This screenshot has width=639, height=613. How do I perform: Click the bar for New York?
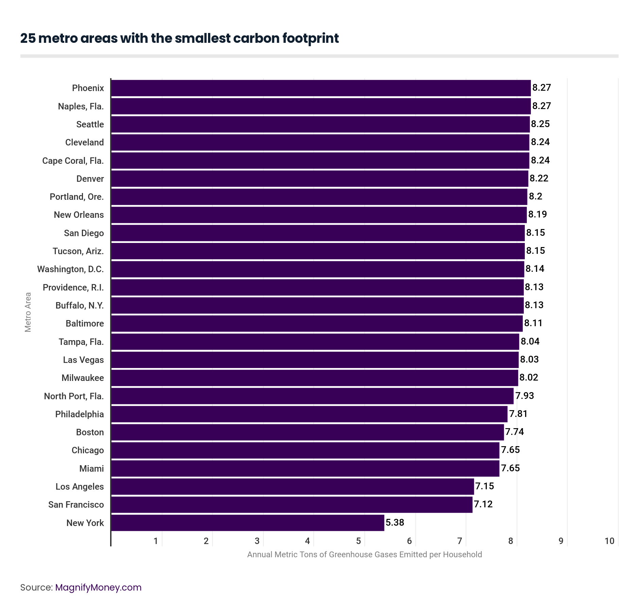click(x=247, y=523)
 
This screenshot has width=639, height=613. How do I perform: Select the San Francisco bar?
click(x=292, y=505)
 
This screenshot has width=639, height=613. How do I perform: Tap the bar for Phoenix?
click(x=321, y=88)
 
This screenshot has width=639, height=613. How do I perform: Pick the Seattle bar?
click(x=320, y=124)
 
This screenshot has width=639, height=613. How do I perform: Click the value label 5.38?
click(x=395, y=522)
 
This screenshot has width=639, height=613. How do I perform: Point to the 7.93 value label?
click(x=524, y=396)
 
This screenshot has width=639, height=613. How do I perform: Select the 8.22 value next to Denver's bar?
click(x=539, y=178)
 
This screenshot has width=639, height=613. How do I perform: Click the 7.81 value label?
click(x=518, y=414)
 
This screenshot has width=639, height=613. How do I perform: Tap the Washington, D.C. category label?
click(x=70, y=269)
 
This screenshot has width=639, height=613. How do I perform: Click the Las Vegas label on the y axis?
click(x=83, y=360)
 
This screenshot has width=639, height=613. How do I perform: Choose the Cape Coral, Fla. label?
click(x=73, y=161)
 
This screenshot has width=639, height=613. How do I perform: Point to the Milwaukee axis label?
click(x=83, y=378)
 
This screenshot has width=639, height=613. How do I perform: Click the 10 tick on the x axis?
click(x=609, y=541)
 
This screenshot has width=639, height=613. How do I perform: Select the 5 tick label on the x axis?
click(x=358, y=541)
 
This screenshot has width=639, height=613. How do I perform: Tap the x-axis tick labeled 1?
click(x=156, y=541)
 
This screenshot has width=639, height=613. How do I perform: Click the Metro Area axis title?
click(x=28, y=312)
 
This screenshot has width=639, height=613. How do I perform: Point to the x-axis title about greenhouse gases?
click(x=364, y=555)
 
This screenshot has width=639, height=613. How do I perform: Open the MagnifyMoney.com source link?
click(x=98, y=588)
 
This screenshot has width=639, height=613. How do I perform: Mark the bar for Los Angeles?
click(x=292, y=487)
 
